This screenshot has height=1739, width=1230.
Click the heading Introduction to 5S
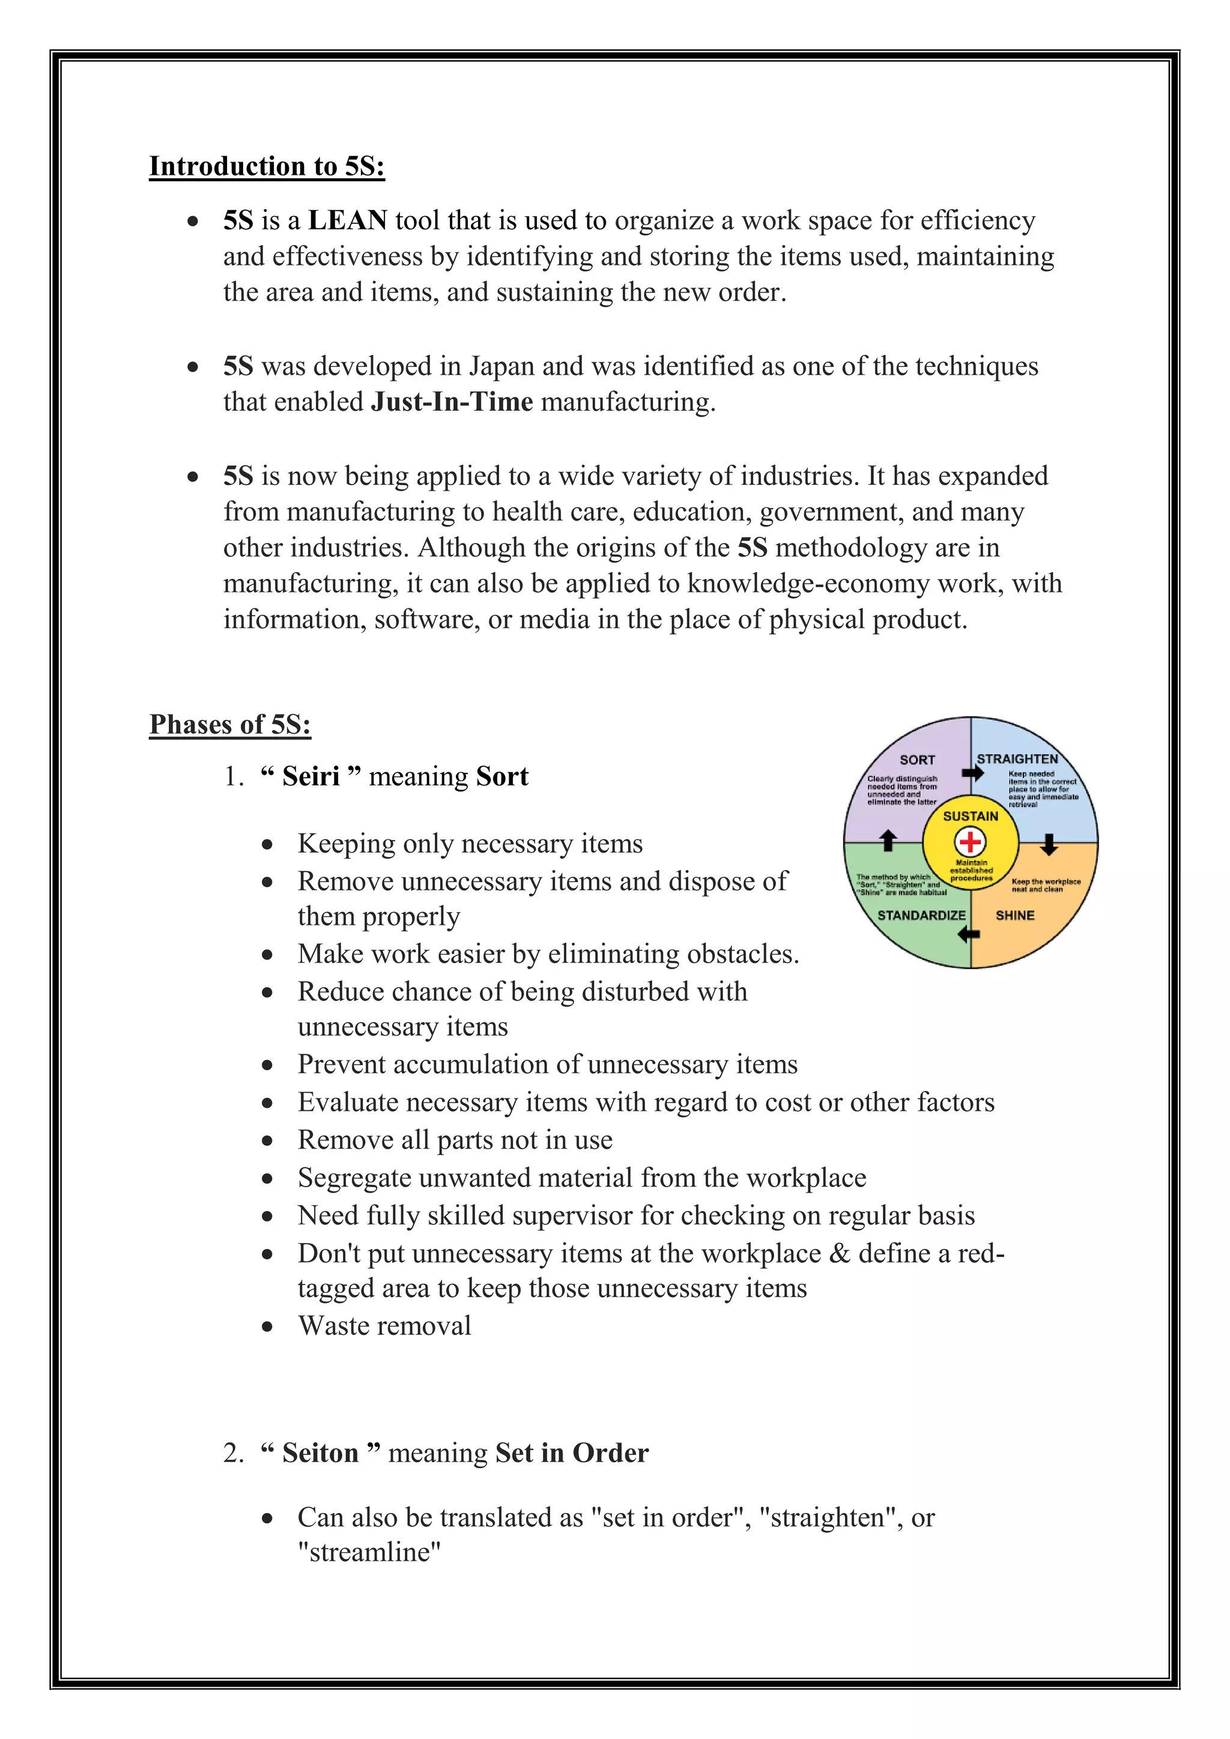click(x=267, y=166)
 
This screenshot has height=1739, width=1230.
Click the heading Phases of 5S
click(x=229, y=724)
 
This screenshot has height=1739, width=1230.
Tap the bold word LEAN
click(x=348, y=220)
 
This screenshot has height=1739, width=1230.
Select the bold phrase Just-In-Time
click(x=452, y=402)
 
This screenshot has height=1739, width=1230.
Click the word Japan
click(x=501, y=366)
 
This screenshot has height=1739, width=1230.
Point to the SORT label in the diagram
click(x=917, y=760)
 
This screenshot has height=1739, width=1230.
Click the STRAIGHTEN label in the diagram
click(x=1017, y=759)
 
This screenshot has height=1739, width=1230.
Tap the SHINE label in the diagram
click(x=1015, y=915)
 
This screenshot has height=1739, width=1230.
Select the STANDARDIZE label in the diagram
click(x=921, y=915)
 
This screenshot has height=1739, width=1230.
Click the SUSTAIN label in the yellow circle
click(x=970, y=815)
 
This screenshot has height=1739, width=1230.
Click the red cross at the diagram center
click(x=970, y=841)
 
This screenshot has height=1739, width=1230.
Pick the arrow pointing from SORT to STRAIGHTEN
click(x=972, y=773)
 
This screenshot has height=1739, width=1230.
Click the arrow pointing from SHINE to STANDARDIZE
click(x=969, y=934)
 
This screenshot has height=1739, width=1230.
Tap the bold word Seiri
click(x=311, y=776)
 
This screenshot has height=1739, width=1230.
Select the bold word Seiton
click(x=320, y=1453)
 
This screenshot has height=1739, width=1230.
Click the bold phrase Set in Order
click(x=572, y=1453)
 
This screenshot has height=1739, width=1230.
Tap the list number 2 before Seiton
click(x=232, y=1453)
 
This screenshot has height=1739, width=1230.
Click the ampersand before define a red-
click(x=839, y=1253)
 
